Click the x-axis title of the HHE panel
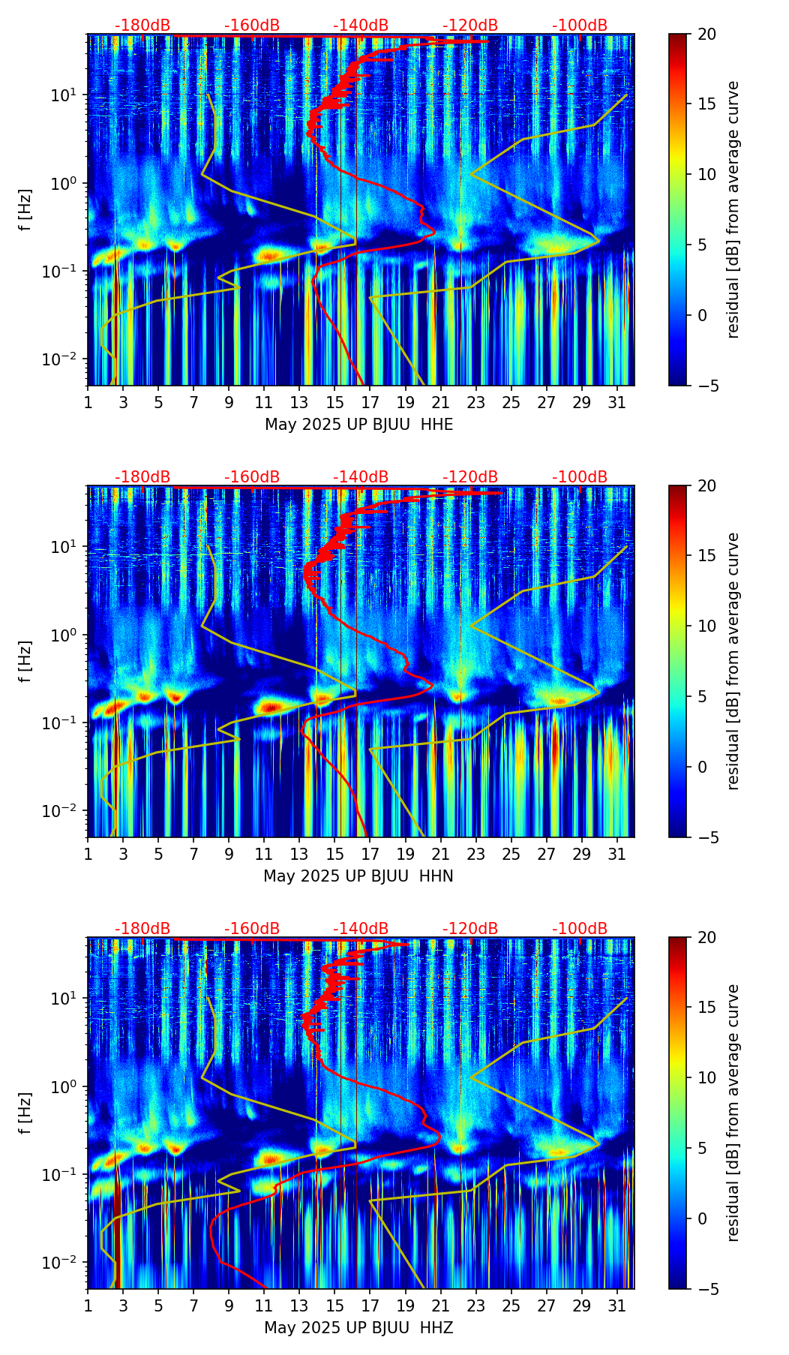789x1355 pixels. (x=358, y=425)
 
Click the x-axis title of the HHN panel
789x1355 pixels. (x=358, y=876)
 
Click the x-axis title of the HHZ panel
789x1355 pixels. (x=358, y=1328)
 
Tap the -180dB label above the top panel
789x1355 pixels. (x=142, y=26)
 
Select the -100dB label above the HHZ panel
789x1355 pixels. (x=580, y=929)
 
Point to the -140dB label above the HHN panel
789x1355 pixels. (x=361, y=477)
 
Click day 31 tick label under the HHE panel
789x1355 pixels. (x=617, y=403)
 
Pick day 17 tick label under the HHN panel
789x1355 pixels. (x=370, y=855)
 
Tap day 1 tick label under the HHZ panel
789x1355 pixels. (x=88, y=1306)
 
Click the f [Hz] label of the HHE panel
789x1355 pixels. (x=25, y=210)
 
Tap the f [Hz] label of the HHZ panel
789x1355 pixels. (x=25, y=1113)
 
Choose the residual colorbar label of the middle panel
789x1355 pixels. (x=733, y=661)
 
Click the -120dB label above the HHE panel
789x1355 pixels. (x=470, y=26)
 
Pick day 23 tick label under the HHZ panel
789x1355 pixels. (x=475, y=1306)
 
